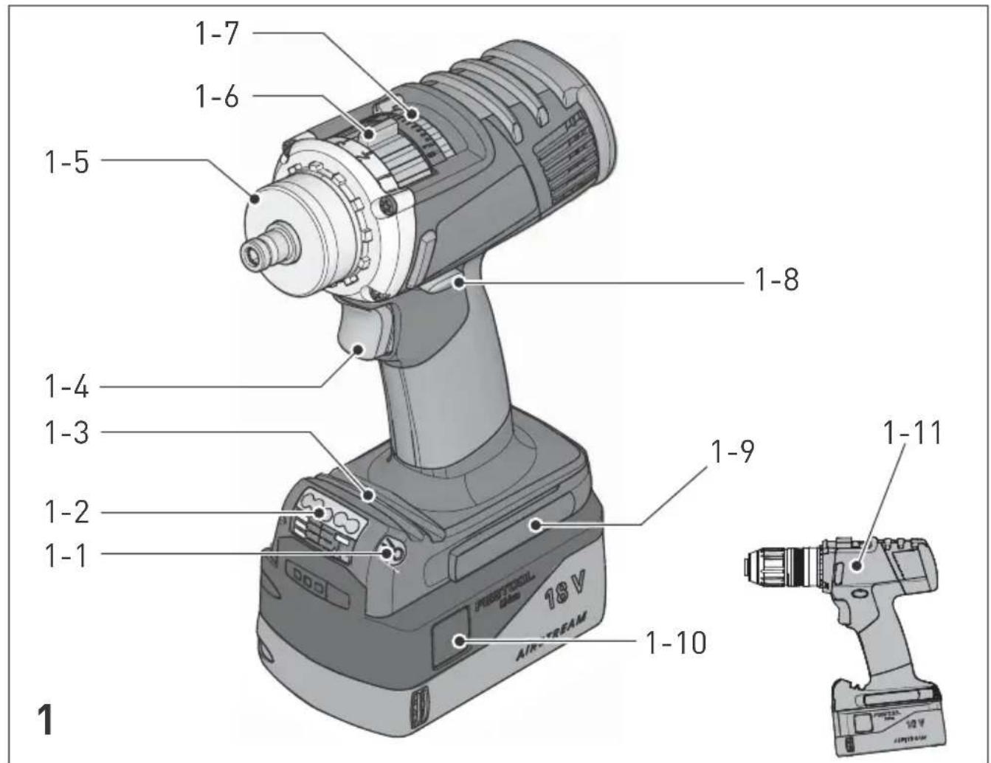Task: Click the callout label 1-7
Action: pos(216,33)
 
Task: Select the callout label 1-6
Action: pos(216,96)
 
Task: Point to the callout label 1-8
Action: pos(776,280)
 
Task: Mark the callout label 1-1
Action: pos(65,554)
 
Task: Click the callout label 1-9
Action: pos(732,452)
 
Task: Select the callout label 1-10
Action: pos(675,643)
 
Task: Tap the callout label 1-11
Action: pos(912,433)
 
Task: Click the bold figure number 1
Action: pos(45,719)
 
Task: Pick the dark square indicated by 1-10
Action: pos(450,639)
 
